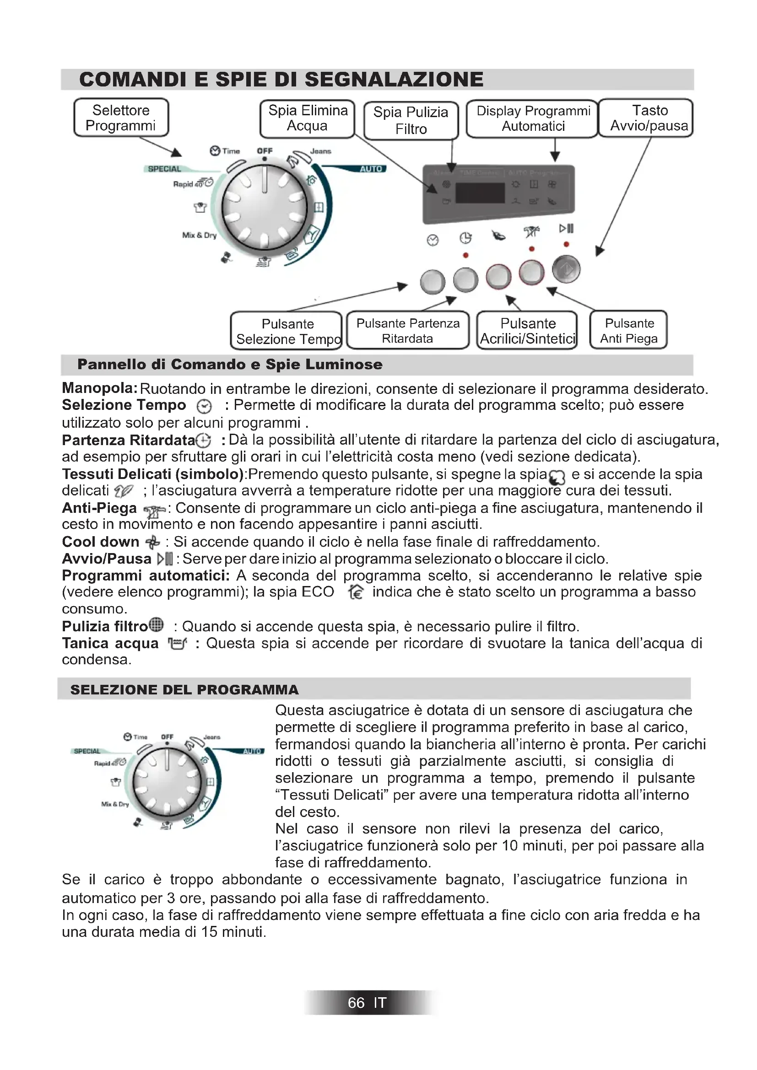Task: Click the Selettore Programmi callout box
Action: point(121,118)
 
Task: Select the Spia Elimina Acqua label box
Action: point(308,118)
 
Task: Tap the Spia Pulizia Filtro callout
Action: point(411,120)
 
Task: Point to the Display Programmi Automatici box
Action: point(532,118)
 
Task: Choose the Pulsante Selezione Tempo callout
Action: point(287,331)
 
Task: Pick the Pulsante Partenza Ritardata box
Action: point(408,330)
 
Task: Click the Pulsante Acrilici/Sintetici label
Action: point(528,331)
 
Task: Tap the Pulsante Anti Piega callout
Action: point(628,330)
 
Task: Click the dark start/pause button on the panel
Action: point(566,269)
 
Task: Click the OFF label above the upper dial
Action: point(264,151)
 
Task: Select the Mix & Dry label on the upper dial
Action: point(199,235)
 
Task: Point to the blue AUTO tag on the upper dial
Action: point(371,169)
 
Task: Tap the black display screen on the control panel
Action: point(480,193)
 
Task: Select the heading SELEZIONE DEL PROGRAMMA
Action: point(184,690)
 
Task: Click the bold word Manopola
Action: point(99,388)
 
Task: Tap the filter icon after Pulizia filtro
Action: point(157,624)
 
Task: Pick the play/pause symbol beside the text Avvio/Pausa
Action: point(165,558)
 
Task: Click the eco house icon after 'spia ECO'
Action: point(356,592)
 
